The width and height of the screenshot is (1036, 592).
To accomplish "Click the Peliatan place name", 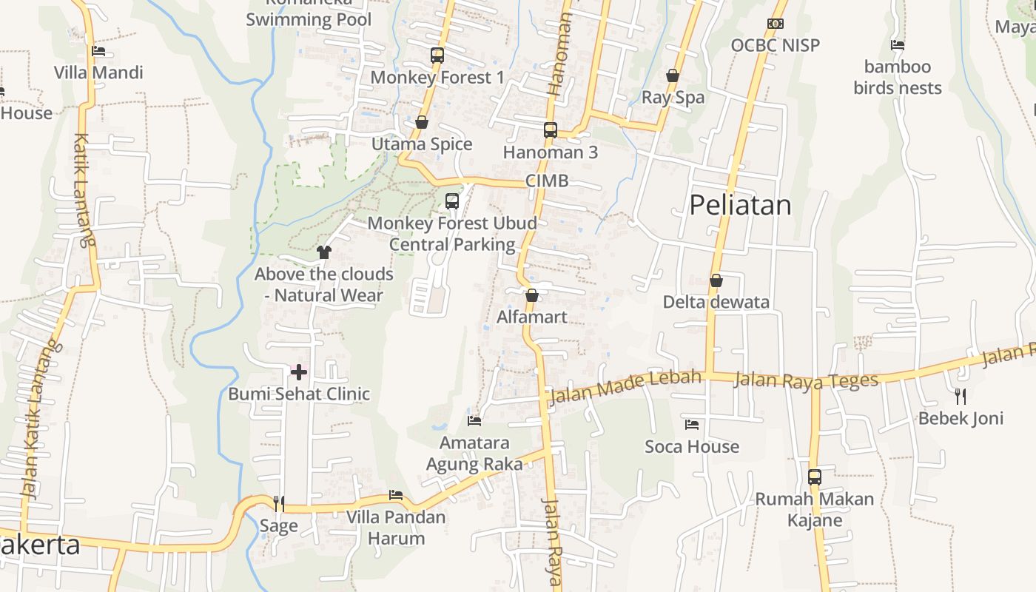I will (x=740, y=205).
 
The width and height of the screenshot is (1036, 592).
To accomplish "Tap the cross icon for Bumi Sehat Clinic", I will (x=298, y=371).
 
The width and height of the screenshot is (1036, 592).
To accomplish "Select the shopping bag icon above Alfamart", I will (x=531, y=295).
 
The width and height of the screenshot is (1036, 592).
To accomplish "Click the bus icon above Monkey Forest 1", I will (x=437, y=55).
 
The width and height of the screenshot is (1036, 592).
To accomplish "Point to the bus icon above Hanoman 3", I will (x=550, y=130).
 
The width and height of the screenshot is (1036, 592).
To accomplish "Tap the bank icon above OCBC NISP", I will (x=775, y=24).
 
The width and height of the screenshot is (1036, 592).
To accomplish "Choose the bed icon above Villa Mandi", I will (x=98, y=51).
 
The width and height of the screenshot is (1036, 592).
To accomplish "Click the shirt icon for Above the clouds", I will (x=323, y=252).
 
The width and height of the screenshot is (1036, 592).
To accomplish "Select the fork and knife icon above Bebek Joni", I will (x=961, y=396).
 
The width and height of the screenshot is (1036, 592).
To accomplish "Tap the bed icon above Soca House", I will (x=692, y=425).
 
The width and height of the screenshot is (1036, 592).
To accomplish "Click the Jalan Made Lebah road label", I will (x=626, y=386).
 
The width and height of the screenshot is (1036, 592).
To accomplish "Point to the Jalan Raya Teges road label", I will (x=806, y=380).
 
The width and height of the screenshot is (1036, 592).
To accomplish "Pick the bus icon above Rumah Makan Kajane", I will (x=814, y=477).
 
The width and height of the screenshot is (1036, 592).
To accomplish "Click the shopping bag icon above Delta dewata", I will (x=716, y=280).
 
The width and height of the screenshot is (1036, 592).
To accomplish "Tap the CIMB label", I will (x=547, y=181).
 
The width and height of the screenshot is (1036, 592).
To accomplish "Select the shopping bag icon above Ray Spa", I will (x=673, y=75).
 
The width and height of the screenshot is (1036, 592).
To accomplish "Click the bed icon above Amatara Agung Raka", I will (x=474, y=421).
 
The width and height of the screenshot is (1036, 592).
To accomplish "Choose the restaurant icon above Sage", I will (x=279, y=504).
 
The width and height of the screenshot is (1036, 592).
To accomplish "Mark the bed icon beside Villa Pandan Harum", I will (x=396, y=495).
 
